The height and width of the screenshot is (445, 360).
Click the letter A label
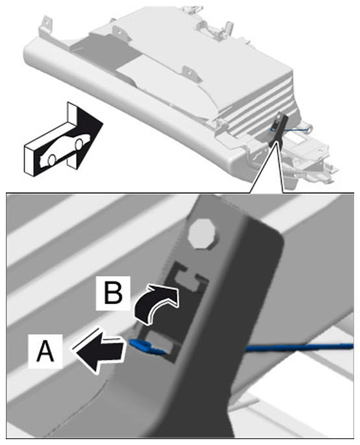45,352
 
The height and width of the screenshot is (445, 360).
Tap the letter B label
113,293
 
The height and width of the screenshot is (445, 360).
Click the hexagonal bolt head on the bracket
202,234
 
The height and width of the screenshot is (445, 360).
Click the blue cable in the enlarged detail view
299,347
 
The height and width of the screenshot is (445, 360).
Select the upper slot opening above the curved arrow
189,279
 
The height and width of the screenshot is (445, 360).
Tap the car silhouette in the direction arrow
65,149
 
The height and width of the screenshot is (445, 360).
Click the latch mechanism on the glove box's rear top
215,29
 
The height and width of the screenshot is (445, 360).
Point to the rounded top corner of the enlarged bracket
276,234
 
